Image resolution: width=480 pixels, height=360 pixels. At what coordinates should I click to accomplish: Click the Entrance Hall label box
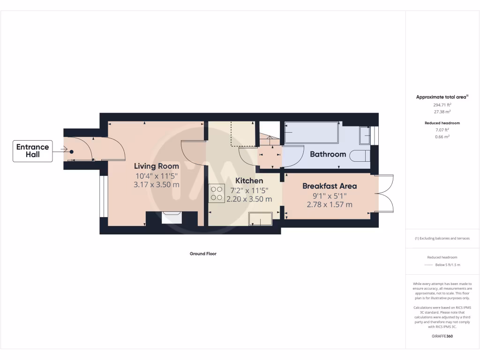pyautogui.click(x=32, y=151)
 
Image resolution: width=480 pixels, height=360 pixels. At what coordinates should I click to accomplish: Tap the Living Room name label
pyautogui.click(x=156, y=166)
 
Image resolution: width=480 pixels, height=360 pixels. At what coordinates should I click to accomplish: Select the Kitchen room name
pyautogui.click(x=249, y=180)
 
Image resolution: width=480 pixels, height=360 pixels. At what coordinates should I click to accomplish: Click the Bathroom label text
pyautogui.click(x=328, y=154)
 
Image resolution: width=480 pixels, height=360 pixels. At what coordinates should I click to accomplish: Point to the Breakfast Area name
pyautogui.click(x=329, y=186)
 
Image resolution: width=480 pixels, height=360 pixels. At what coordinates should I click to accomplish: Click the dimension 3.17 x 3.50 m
pyautogui.click(x=156, y=184)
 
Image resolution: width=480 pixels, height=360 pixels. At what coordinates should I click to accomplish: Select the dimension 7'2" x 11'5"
pyautogui.click(x=249, y=190)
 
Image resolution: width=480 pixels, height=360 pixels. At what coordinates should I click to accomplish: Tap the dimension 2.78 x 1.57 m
pyautogui.click(x=329, y=204)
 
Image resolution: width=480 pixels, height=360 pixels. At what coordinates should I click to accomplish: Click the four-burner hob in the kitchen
pyautogui.click(x=217, y=194)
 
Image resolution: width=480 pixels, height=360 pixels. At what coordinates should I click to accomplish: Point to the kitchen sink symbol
pyautogui.click(x=260, y=218)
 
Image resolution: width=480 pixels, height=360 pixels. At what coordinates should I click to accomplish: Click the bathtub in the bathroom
pyautogui.click(x=311, y=133)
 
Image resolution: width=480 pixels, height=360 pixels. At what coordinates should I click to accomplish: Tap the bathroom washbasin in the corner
pyautogui.click(x=365, y=135)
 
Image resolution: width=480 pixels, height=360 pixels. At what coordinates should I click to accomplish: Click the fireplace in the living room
pyautogui.click(x=171, y=217)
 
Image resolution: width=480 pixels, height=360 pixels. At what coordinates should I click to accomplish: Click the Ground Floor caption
pyautogui.click(x=203, y=254)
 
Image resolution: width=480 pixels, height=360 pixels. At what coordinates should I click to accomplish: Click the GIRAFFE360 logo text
pyautogui.click(x=442, y=336)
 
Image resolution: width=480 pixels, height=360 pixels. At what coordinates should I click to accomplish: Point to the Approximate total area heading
pyautogui.click(x=442, y=97)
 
